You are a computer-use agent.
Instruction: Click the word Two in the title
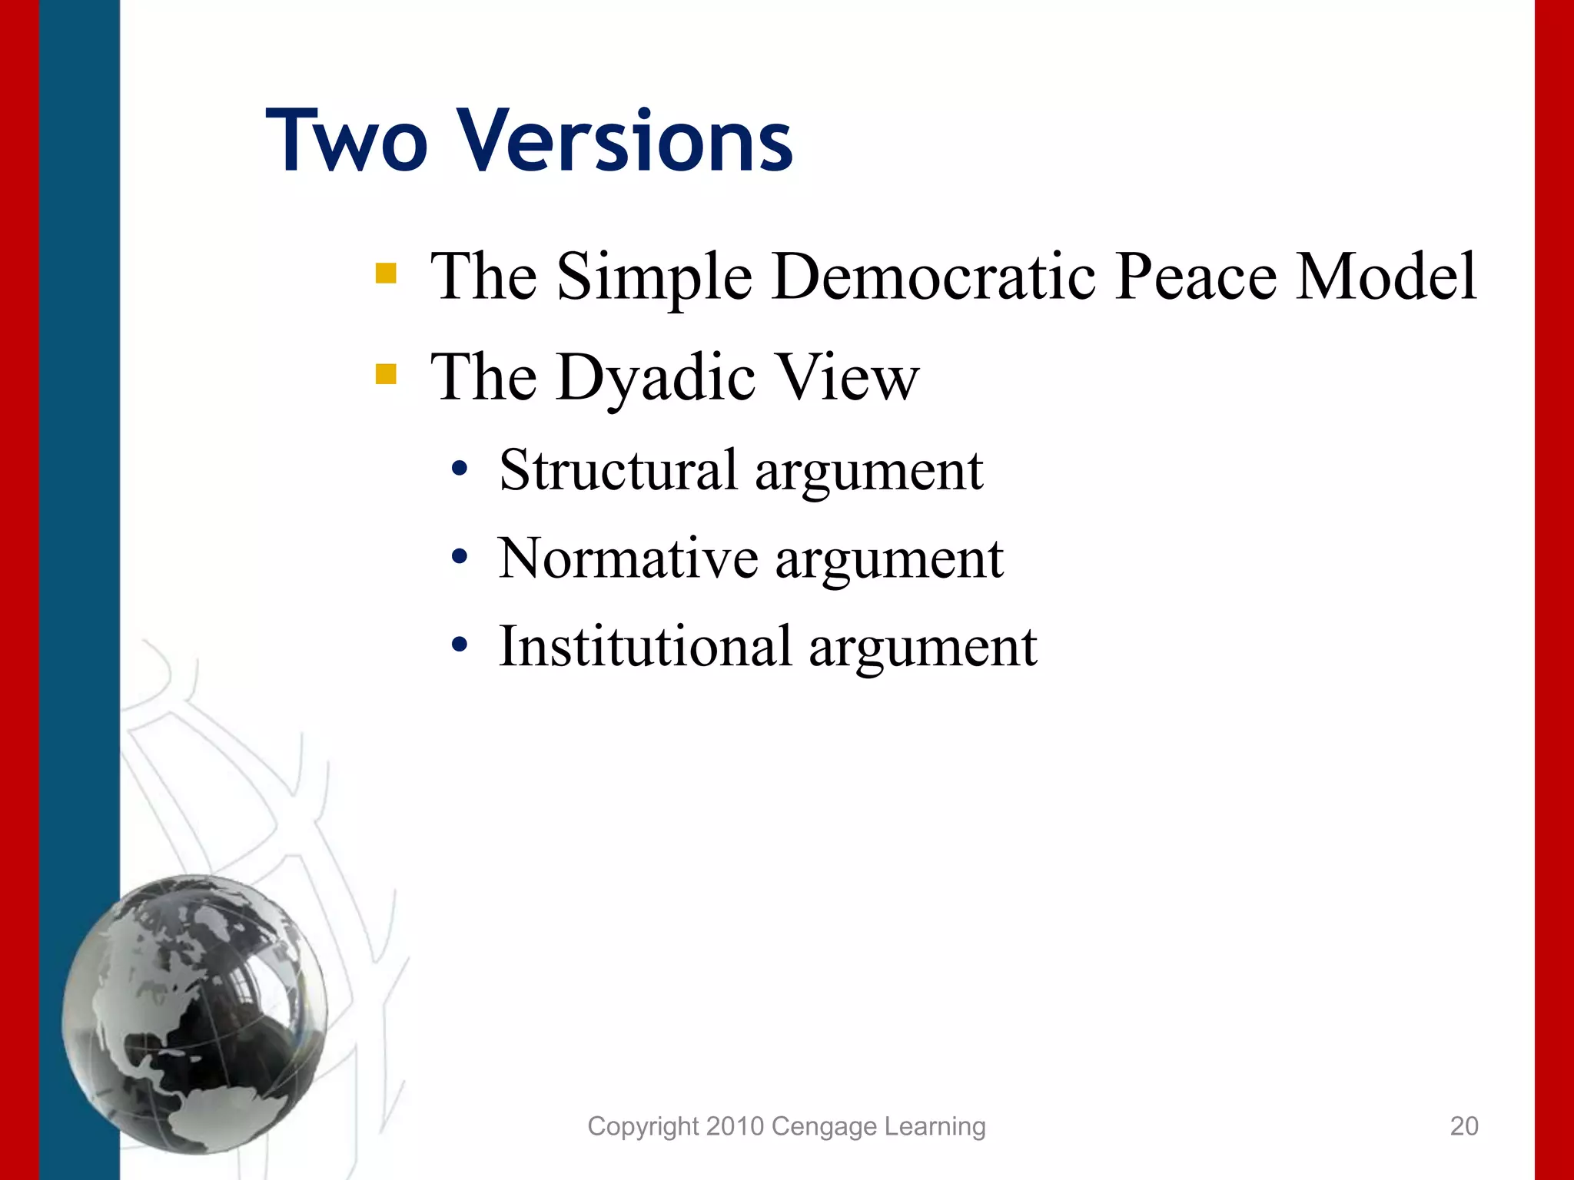[x=346, y=142]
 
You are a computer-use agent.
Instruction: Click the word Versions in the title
[x=626, y=142]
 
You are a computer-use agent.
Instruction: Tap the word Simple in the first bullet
[x=654, y=278]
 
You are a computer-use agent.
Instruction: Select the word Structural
[x=619, y=470]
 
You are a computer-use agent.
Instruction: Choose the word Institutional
[x=645, y=647]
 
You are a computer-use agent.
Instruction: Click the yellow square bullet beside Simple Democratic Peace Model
[x=386, y=273]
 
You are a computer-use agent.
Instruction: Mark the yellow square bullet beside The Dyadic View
[x=386, y=374]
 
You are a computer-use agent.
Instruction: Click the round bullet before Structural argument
[x=460, y=469]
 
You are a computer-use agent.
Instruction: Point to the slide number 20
[x=1464, y=1126]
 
